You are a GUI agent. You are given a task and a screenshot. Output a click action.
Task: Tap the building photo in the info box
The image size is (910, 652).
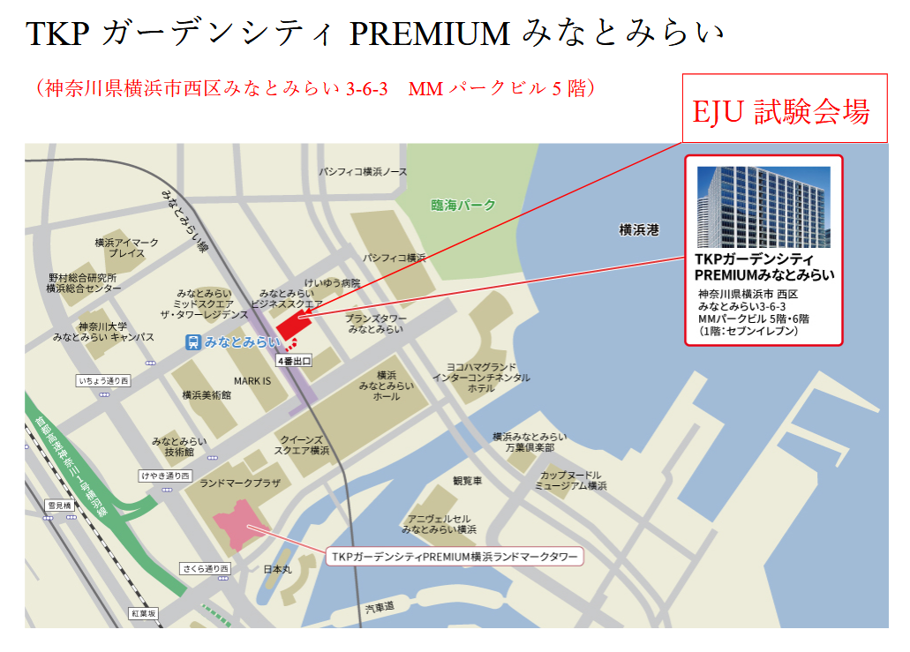763,206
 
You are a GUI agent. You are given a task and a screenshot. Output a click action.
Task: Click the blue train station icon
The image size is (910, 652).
192,342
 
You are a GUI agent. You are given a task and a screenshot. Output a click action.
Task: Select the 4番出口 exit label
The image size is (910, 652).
294,361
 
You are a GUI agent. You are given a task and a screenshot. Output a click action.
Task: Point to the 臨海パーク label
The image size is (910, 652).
463,206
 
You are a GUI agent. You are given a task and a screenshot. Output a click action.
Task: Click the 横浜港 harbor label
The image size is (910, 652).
639,230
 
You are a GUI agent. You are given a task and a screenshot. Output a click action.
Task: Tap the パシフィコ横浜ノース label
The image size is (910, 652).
364,171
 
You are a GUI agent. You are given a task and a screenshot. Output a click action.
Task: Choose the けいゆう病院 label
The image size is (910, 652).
332,283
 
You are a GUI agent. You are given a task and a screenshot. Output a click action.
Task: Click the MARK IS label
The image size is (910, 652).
252,381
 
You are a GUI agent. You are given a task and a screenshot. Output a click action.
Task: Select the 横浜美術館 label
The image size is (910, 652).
207,395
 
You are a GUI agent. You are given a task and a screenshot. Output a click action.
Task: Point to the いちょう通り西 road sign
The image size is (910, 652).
103,381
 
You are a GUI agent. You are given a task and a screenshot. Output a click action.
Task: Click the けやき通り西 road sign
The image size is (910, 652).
165,476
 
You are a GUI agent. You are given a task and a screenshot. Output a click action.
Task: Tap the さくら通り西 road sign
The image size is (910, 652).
206,568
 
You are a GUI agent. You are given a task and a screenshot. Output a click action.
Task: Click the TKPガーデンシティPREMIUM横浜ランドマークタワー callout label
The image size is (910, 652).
455,558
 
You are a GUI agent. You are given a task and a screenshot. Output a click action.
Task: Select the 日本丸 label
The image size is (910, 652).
277,570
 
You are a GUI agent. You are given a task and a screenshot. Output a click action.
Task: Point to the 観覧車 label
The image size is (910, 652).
467,481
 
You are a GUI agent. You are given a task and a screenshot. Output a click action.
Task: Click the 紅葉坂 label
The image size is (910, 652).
143,612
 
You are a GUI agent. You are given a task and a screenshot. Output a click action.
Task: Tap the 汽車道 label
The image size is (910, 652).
380,608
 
